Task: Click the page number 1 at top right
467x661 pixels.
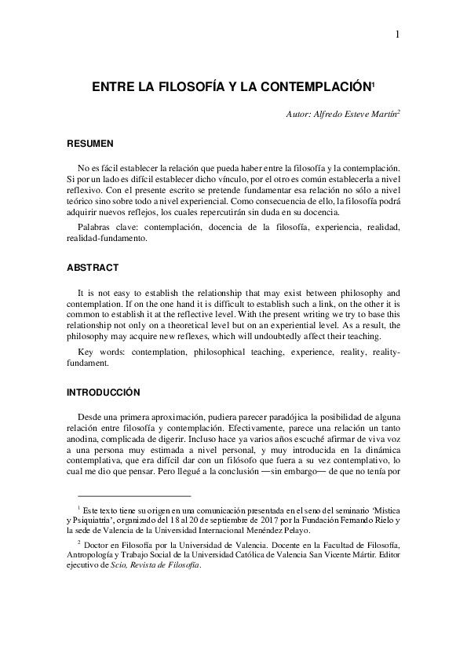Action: point(398,33)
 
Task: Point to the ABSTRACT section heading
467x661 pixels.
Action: point(92,268)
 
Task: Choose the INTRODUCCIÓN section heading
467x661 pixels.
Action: point(103,391)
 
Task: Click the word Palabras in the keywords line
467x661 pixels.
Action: point(98,227)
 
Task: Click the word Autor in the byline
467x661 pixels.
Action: point(301,114)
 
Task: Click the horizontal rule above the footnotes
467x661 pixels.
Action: point(134,496)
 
